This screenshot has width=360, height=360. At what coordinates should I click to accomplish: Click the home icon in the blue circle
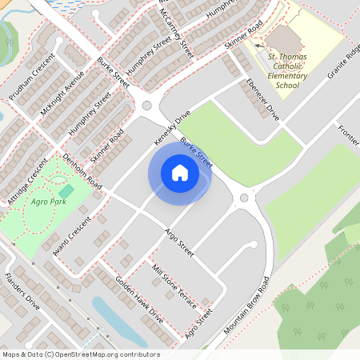point(179,172)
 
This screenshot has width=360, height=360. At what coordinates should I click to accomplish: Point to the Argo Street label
point(179,242)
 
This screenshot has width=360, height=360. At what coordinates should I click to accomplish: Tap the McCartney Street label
point(177,30)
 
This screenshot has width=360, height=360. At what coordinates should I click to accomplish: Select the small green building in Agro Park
point(66,192)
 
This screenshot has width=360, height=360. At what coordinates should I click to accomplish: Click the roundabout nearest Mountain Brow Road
point(244,198)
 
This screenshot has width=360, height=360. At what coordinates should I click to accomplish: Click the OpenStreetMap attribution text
point(81,354)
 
